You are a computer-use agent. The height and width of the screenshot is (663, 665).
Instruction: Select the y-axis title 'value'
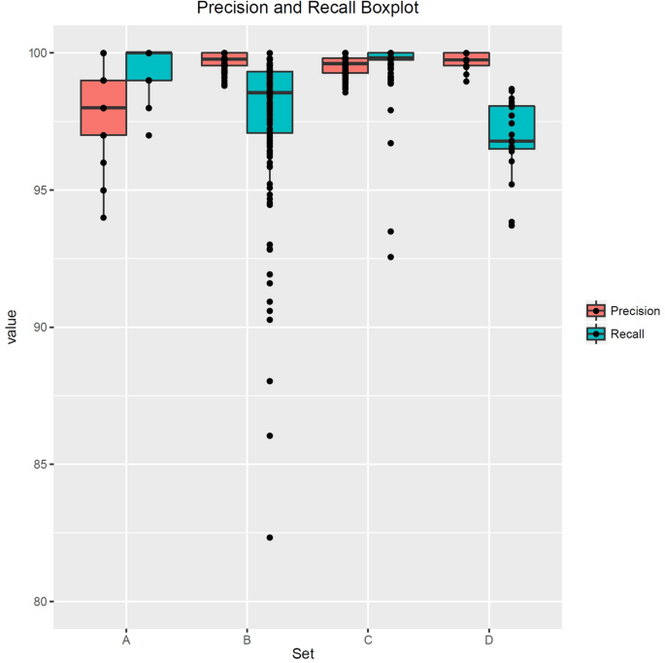pos(12,328)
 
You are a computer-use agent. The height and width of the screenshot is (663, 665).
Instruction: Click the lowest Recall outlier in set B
pos(270,538)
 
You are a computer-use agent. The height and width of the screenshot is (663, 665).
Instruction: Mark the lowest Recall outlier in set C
pos(390,257)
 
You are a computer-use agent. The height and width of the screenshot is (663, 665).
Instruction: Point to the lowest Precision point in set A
pos(103,217)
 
